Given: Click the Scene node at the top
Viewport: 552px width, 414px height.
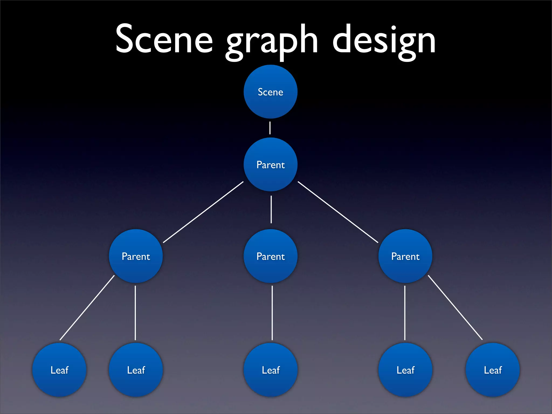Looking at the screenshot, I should pyautogui.click(x=270, y=92).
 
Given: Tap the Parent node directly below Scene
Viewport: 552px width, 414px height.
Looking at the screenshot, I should pyautogui.click(x=270, y=164).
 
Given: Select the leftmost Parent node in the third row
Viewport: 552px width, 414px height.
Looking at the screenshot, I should pyautogui.click(x=136, y=256).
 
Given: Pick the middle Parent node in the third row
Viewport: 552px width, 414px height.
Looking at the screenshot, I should pyautogui.click(x=270, y=256).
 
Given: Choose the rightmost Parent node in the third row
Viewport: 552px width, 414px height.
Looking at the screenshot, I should pyautogui.click(x=405, y=256).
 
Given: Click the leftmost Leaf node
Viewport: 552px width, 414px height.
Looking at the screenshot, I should pyautogui.click(x=59, y=370).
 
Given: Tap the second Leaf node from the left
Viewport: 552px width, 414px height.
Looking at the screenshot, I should pyautogui.click(x=136, y=370).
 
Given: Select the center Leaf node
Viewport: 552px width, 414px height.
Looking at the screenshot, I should pyautogui.click(x=271, y=370).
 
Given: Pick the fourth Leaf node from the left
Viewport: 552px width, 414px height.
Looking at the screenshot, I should pyautogui.click(x=405, y=370).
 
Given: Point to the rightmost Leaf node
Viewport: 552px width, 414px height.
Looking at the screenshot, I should pyautogui.click(x=493, y=370).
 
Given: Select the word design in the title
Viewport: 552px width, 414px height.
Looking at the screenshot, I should pyautogui.click(x=384, y=40).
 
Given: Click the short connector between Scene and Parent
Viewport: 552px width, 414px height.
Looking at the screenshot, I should pyautogui.click(x=270, y=128).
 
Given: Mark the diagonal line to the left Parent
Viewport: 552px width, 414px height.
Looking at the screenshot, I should pyautogui.click(x=203, y=212).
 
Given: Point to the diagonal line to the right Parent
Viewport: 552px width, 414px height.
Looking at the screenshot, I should pyautogui.click(x=338, y=212).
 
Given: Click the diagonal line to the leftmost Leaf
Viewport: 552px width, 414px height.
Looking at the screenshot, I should pyautogui.click(x=87, y=308).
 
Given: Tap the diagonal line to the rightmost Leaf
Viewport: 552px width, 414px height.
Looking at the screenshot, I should pyautogui.click(x=455, y=308).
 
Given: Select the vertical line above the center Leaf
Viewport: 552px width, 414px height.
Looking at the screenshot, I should pyautogui.click(x=272, y=313).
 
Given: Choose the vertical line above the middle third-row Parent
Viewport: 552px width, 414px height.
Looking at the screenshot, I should pyautogui.click(x=271, y=209).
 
